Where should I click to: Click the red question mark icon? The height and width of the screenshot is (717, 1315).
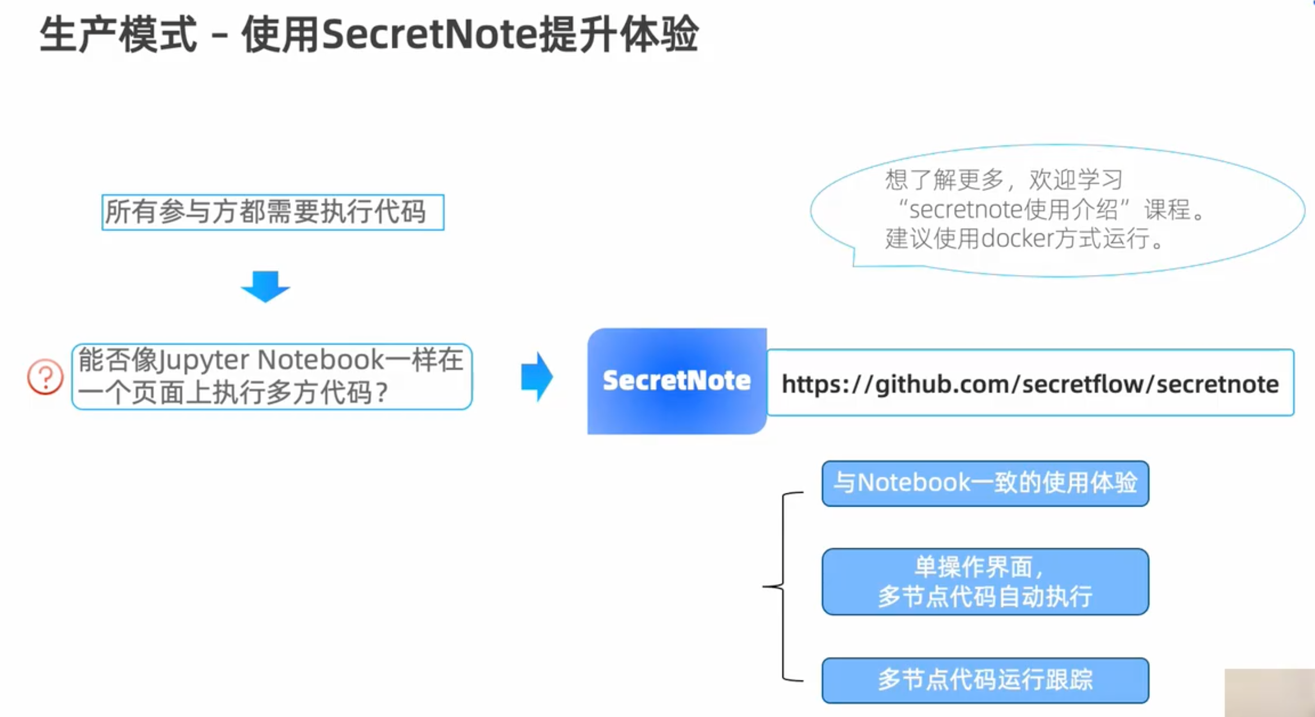pyautogui.click(x=45, y=377)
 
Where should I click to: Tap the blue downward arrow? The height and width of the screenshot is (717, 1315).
pyautogui.click(x=266, y=286)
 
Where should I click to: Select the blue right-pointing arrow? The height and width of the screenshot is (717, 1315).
pyautogui.click(x=536, y=377)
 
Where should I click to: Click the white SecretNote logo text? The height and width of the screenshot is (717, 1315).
pyautogui.click(x=676, y=380)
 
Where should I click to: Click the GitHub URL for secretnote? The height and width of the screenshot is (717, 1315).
pyautogui.click(x=1030, y=384)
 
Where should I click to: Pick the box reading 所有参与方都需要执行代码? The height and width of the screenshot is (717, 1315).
pyautogui.click(x=273, y=212)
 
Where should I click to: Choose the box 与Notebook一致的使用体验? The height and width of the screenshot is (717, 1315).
pyautogui.click(x=984, y=483)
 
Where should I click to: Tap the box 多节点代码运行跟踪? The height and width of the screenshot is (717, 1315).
pyautogui.click(x=984, y=680)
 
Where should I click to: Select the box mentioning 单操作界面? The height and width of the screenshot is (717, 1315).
pyautogui.click(x=984, y=581)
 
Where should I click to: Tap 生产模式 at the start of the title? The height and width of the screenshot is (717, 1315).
pyautogui.click(x=118, y=34)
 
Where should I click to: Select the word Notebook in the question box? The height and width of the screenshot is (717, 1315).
pyautogui.click(x=320, y=360)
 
